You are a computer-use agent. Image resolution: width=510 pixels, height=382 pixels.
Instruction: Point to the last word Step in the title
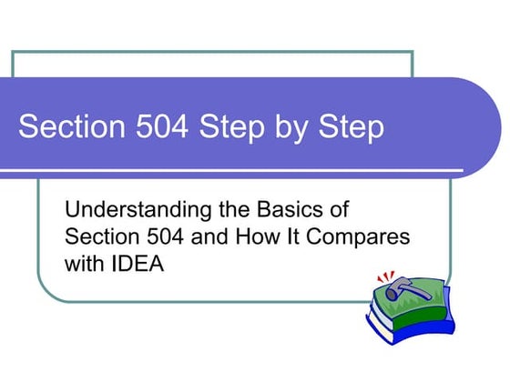[350, 127]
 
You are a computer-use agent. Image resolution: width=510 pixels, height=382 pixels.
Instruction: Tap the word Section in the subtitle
[100, 237]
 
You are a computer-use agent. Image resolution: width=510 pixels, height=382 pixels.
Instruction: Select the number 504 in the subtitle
[162, 237]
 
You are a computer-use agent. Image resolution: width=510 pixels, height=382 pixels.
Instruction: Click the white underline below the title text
[237, 171]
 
